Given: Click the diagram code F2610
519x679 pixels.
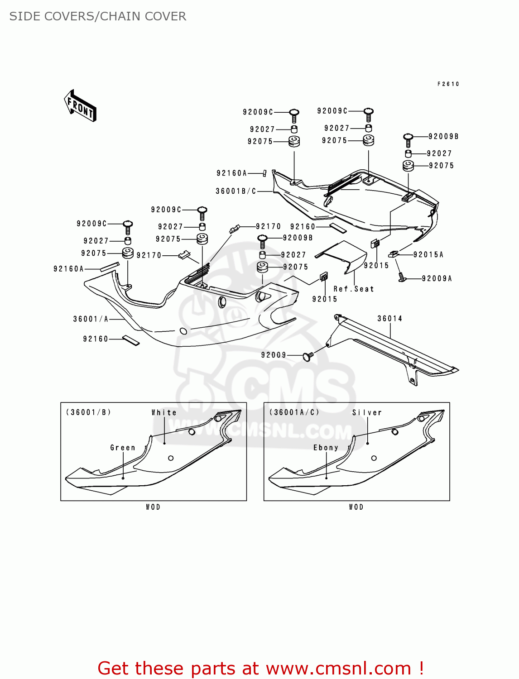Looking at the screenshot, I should (x=448, y=84).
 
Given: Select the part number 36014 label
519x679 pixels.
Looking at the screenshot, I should (x=389, y=319).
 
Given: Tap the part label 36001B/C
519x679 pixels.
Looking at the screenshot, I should (x=235, y=191).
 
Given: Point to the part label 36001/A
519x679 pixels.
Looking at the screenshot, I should (x=91, y=319).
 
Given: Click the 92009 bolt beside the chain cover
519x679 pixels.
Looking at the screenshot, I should (x=308, y=357).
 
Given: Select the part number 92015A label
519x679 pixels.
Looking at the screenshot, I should (x=428, y=255).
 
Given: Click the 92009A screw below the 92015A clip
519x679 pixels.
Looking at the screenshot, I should (x=401, y=277).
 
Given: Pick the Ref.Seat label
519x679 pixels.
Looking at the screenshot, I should (x=354, y=289).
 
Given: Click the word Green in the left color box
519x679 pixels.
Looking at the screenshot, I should (x=123, y=448).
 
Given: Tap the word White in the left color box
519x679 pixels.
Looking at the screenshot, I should (x=164, y=413).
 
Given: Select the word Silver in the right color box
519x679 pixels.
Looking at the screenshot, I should (x=367, y=413).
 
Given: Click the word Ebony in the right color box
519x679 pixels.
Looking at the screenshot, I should (x=326, y=448).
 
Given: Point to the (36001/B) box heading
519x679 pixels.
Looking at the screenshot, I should (x=88, y=412).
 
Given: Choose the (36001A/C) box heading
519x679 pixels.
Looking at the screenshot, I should (x=294, y=412).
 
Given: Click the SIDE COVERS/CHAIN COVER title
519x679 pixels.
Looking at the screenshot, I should (x=98, y=16).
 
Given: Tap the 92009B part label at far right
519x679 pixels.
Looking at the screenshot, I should (x=443, y=137).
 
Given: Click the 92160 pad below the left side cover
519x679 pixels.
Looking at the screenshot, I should (x=131, y=340).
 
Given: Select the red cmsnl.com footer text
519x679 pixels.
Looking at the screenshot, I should (x=260, y=668).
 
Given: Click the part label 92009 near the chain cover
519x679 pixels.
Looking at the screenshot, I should (x=274, y=355).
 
